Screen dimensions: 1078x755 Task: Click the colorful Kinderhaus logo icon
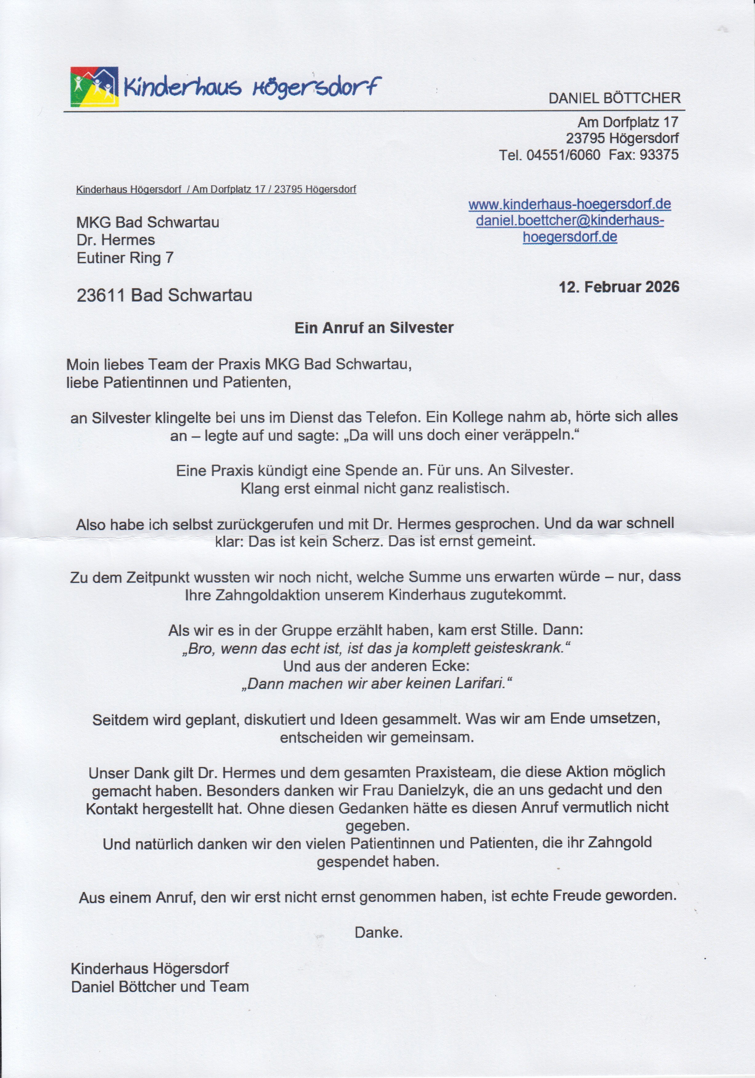[x=94, y=87]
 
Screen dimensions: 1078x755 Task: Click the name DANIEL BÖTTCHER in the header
[x=614, y=99]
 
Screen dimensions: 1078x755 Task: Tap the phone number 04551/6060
[x=563, y=155]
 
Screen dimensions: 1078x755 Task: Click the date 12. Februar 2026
[x=619, y=287]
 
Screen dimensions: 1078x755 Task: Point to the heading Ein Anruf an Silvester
[x=374, y=328]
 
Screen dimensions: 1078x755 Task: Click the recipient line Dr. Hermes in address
[x=116, y=240]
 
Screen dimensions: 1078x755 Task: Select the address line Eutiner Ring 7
[x=125, y=258]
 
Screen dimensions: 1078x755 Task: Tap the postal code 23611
[x=101, y=295]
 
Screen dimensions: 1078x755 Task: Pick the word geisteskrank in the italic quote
[x=521, y=648]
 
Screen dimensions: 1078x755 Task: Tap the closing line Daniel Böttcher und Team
[x=160, y=987]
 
